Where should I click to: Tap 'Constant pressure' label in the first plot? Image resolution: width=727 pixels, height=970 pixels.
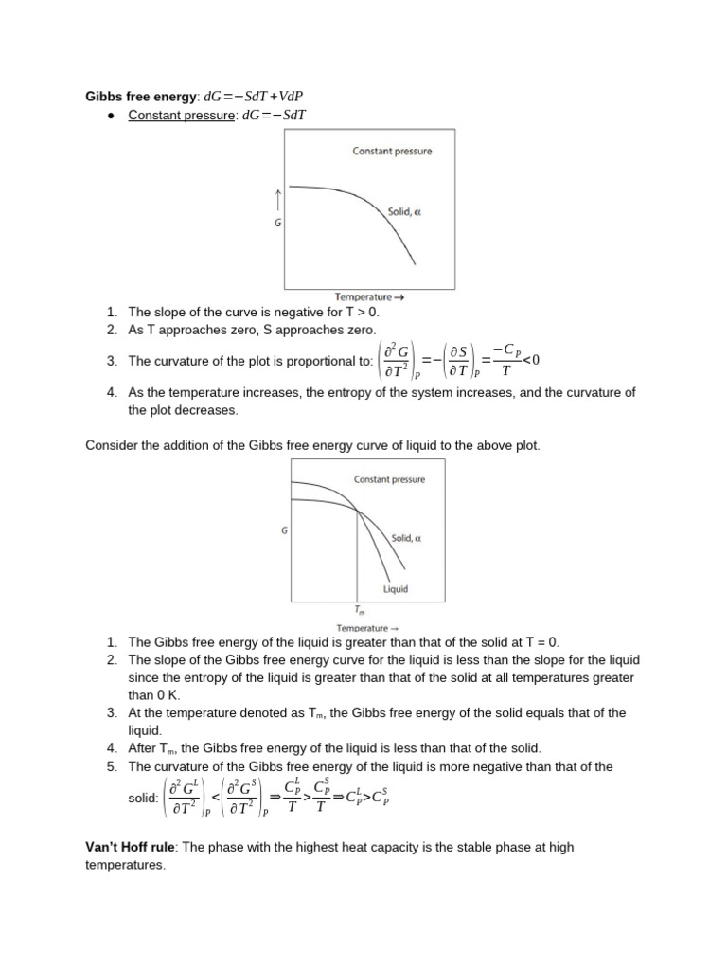click(x=392, y=151)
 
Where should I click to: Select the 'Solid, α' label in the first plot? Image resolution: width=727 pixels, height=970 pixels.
click(x=404, y=212)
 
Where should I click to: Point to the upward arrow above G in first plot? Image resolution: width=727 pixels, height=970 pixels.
click(x=277, y=199)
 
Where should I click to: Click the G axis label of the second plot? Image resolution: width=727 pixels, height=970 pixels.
click(x=284, y=531)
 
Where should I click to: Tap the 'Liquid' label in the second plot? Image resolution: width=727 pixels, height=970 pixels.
click(x=396, y=589)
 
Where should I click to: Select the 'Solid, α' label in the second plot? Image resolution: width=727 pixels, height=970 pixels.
click(x=406, y=538)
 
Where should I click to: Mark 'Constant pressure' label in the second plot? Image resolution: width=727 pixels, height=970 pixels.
click(x=389, y=479)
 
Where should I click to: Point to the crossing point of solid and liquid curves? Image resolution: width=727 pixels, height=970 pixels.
click(x=357, y=512)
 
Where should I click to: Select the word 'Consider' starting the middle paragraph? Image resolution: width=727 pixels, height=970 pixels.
click(x=111, y=444)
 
